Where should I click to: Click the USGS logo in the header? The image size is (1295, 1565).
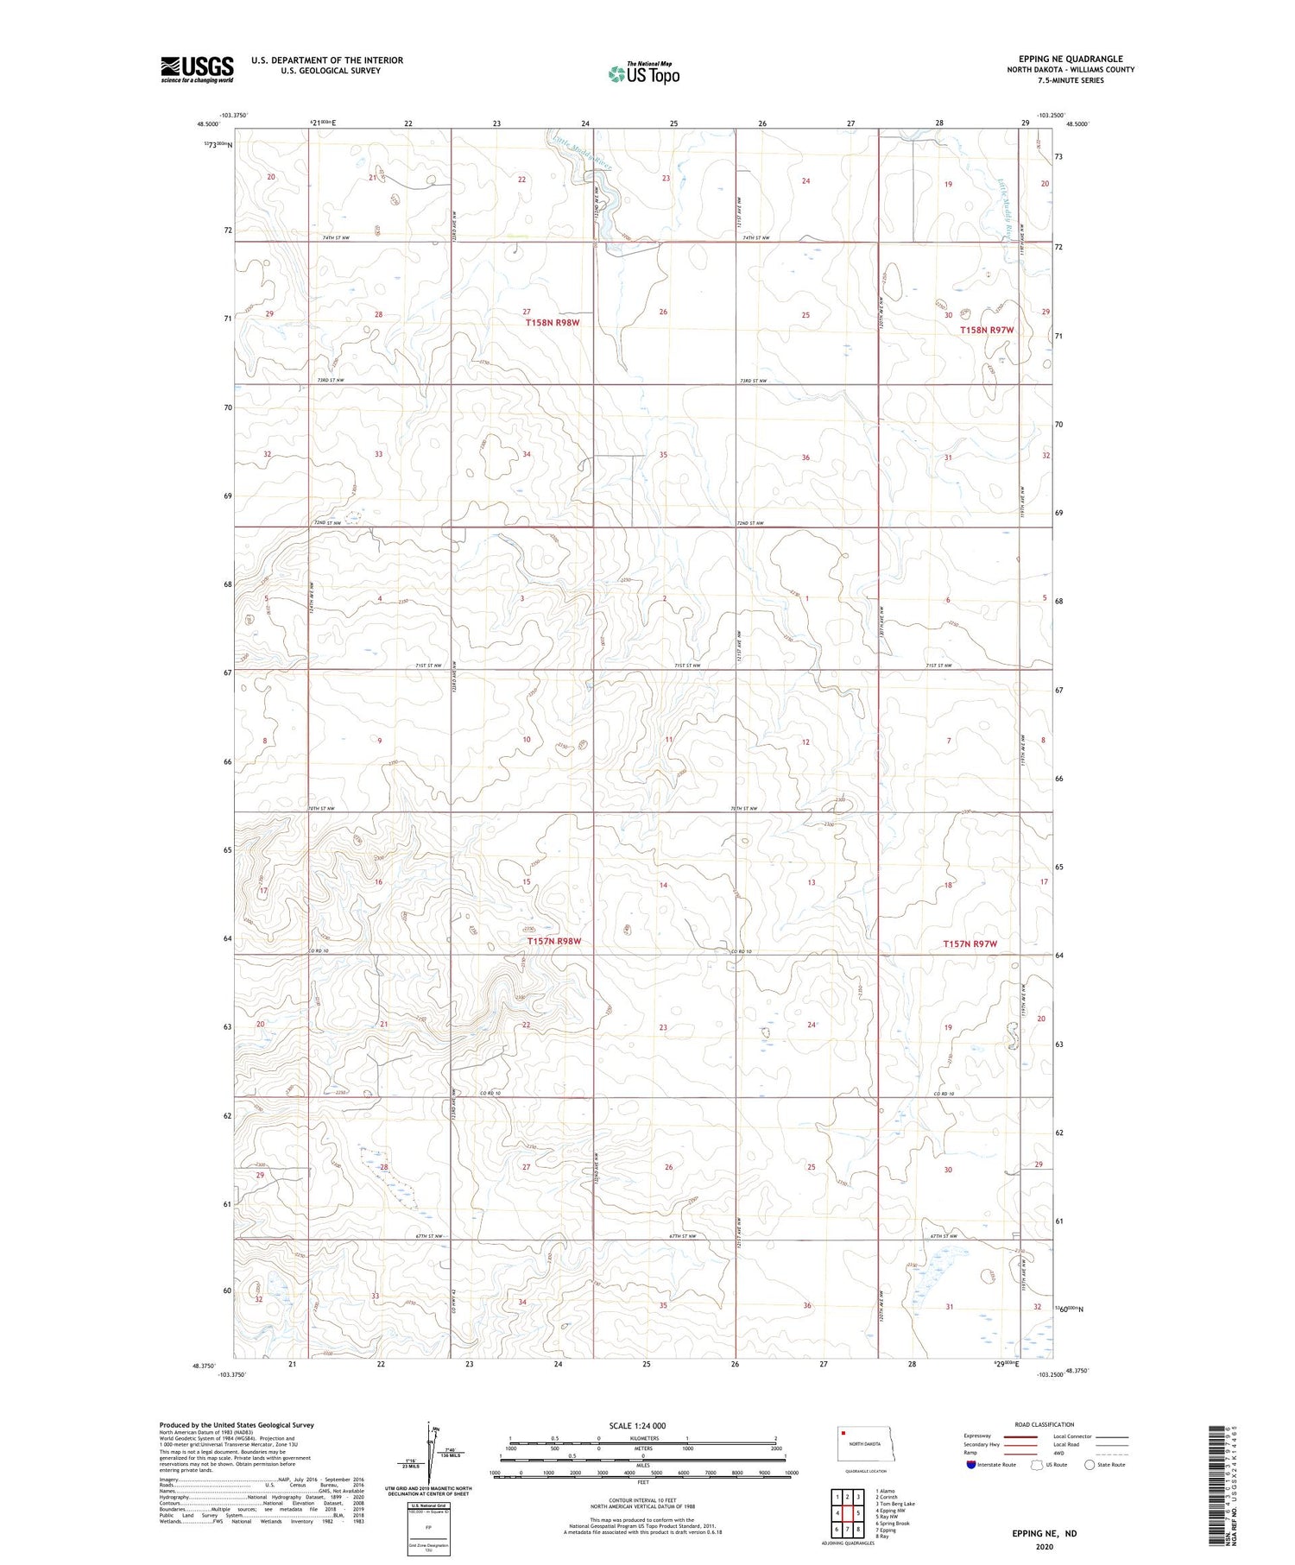(197, 69)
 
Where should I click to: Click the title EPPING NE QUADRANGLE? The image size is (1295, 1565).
(1071, 60)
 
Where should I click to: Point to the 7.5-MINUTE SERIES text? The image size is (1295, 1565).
(1071, 80)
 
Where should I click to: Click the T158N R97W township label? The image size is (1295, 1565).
(988, 330)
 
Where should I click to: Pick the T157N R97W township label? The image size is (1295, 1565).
(970, 944)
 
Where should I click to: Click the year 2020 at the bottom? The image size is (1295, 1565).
(1045, 1542)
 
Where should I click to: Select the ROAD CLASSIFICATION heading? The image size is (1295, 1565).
(1045, 1424)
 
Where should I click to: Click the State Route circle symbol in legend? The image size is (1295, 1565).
(1090, 1465)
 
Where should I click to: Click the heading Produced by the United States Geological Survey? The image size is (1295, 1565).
(237, 1425)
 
